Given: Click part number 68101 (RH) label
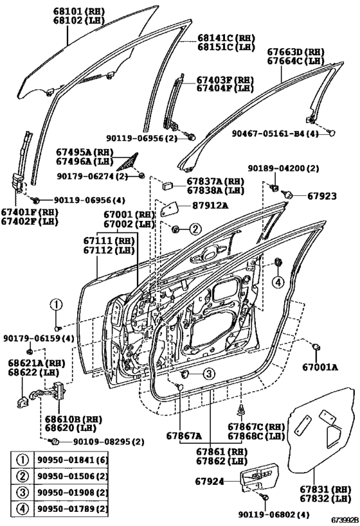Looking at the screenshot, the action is pos(79,12).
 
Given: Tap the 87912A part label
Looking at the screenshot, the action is pos(210,206).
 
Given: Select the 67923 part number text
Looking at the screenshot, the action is pos(321,196).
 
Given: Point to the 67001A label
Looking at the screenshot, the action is pos(320,367).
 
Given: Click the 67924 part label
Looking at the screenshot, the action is pos(210,482).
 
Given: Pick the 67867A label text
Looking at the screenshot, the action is pos(184,435).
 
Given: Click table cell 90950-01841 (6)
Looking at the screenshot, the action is pos(71,460).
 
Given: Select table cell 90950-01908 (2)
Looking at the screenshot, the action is pos(71,493).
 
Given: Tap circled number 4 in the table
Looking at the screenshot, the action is pos(22,509).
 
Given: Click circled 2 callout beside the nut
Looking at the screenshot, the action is pos(195,229).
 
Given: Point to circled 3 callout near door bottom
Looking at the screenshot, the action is pos(208,373).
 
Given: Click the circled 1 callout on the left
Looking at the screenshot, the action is pos(56,305).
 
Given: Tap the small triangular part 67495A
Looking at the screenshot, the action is pos(129,162).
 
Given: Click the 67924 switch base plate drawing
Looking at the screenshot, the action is pos(260,477).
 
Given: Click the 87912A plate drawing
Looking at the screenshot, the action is pos(170,209).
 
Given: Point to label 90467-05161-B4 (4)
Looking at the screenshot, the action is pos(274,134).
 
